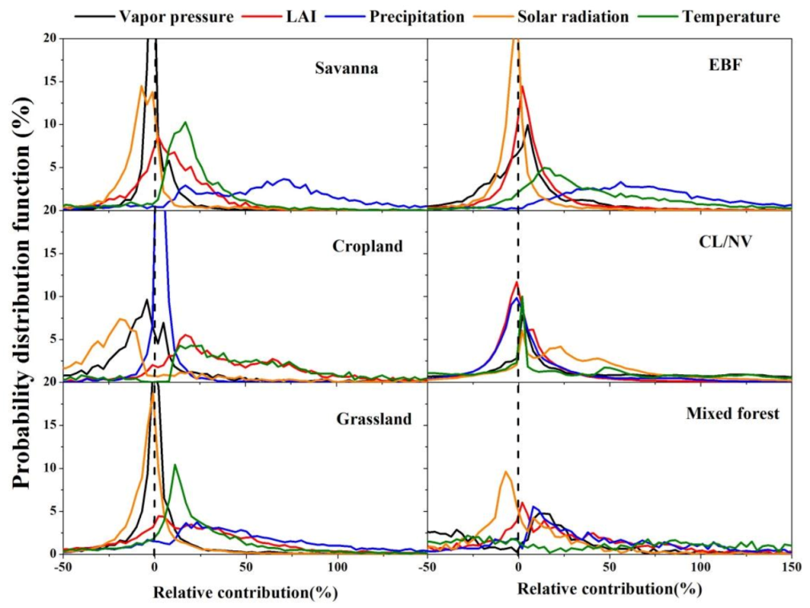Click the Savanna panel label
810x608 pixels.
click(x=345, y=69)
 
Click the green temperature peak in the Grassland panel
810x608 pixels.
click(x=175, y=465)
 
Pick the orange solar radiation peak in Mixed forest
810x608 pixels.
click(x=505, y=472)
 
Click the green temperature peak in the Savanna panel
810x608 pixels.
click(x=186, y=123)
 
